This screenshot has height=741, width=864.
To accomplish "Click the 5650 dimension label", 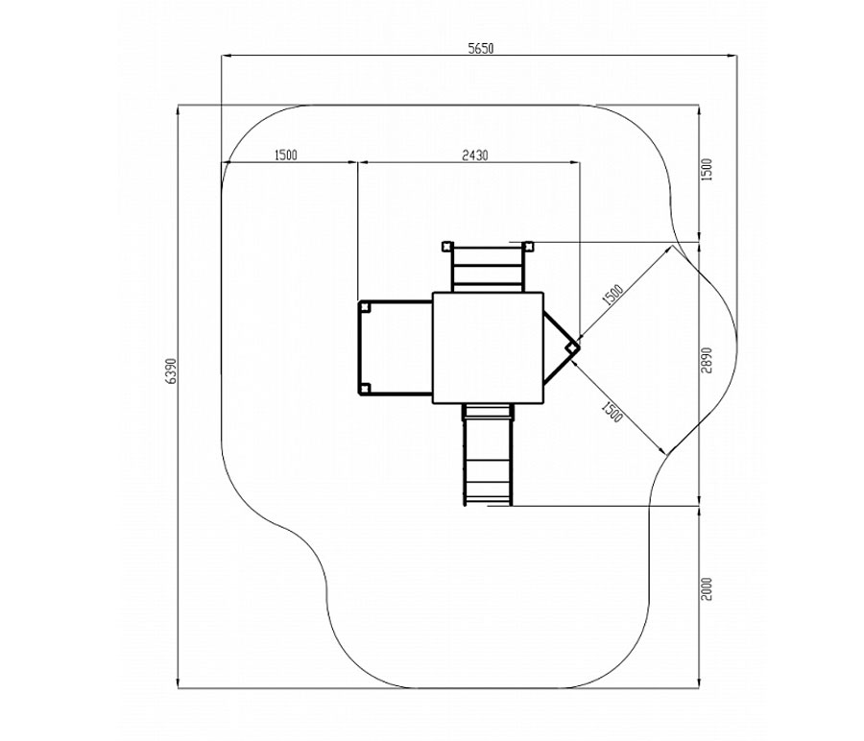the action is (x=481, y=49).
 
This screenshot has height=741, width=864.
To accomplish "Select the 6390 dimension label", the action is (x=172, y=370).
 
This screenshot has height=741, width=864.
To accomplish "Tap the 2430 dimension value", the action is (x=474, y=155).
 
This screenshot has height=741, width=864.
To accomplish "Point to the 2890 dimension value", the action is (x=707, y=360).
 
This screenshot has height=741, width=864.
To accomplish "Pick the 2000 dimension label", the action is (x=707, y=589).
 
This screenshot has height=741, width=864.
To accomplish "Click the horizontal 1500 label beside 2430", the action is (x=285, y=155).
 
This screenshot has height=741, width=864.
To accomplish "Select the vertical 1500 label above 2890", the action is (x=707, y=170).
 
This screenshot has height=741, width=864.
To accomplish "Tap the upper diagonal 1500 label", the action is (x=612, y=296).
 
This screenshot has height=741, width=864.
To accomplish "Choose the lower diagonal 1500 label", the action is (x=612, y=412).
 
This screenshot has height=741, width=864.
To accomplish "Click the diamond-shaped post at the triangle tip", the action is (x=572, y=347).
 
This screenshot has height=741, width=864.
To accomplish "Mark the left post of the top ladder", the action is (x=446, y=246).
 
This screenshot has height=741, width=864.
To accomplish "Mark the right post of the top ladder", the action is (x=528, y=246).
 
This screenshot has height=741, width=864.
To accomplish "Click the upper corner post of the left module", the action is (x=364, y=307).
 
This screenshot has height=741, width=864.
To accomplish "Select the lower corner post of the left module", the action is (x=364, y=389).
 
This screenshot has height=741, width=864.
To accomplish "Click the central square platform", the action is (x=489, y=347).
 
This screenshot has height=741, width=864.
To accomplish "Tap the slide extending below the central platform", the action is (x=489, y=454).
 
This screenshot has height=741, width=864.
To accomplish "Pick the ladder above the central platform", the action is (x=487, y=269).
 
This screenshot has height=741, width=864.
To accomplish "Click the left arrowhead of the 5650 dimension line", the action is (x=226, y=56).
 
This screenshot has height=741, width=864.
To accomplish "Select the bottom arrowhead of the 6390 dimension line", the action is (x=178, y=683).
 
